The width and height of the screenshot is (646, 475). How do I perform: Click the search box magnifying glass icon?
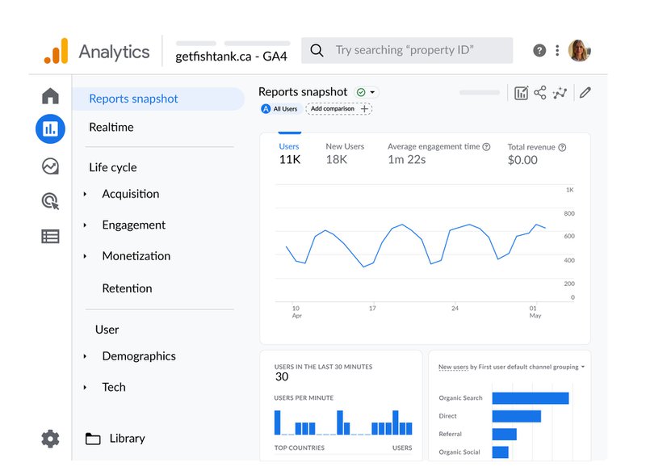click(x=317, y=50)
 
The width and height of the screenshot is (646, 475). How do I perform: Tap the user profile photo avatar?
click(x=580, y=50)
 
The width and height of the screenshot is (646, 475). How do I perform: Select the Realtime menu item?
click(x=111, y=127)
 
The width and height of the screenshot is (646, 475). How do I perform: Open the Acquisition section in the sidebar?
click(x=130, y=194)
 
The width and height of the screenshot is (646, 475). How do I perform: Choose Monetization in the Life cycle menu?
click(x=136, y=256)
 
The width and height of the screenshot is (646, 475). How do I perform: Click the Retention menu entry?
click(x=127, y=288)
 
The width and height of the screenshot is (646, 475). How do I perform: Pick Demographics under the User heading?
click(x=138, y=356)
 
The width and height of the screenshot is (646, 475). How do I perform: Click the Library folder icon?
click(x=93, y=439)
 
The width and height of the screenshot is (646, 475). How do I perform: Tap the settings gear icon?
click(x=50, y=439)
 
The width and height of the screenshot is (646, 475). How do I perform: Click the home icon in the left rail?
click(x=50, y=97)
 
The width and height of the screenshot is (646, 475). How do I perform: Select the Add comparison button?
click(x=338, y=108)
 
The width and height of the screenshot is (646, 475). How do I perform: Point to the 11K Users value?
click(x=290, y=159)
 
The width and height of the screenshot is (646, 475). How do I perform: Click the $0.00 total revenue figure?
click(x=522, y=159)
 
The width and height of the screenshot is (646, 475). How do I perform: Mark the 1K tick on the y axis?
click(x=569, y=190)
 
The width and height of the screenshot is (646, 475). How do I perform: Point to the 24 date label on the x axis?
click(x=455, y=309)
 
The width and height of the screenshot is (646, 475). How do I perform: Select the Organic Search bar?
click(x=530, y=398)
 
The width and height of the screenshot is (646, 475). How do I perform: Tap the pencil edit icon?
click(x=585, y=93)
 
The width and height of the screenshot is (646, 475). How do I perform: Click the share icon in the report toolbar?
click(x=540, y=93)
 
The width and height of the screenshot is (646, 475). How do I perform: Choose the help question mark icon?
click(x=539, y=50)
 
